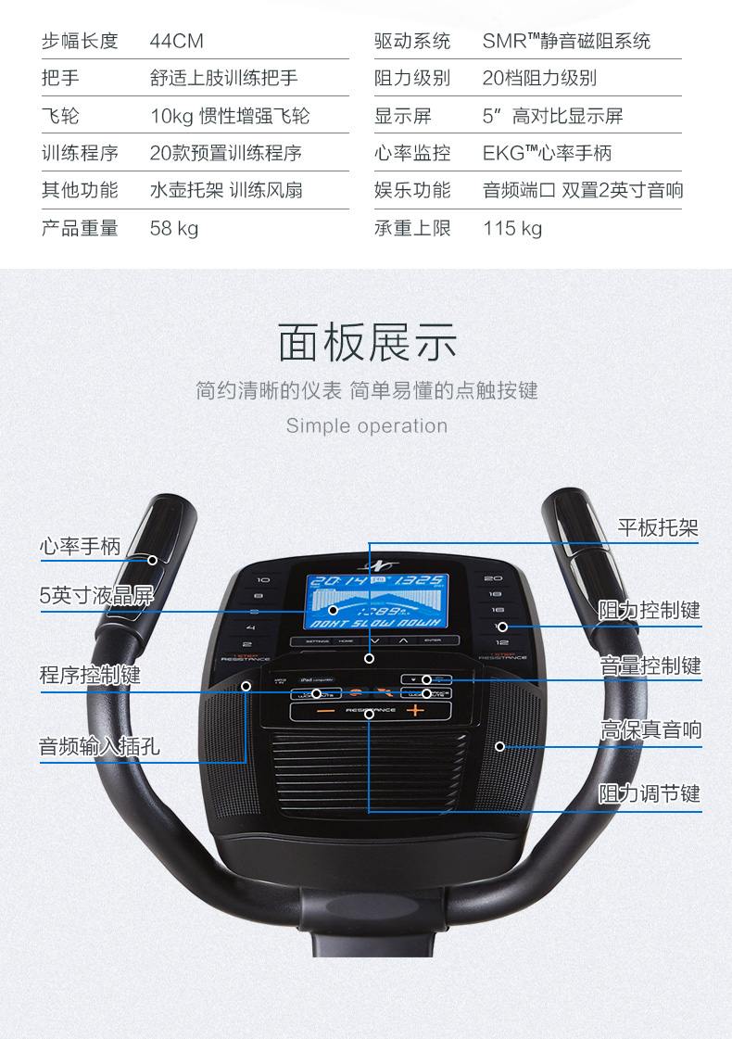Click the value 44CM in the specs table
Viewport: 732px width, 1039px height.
(176, 41)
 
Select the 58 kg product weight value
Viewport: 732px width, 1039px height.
(174, 228)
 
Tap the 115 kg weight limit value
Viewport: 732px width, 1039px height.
(512, 228)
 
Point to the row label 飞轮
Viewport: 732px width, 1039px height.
(60, 116)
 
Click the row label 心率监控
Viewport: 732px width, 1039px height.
(412, 153)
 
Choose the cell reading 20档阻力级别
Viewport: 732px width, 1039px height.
(539, 78)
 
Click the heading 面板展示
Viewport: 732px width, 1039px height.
(367, 342)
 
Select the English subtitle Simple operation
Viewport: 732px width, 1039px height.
(367, 426)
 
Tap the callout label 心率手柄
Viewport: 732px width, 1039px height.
(80, 546)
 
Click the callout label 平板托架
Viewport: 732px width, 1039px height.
(658, 527)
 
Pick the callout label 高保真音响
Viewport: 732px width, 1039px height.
(650, 730)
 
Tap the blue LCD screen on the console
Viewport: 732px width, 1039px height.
(376, 602)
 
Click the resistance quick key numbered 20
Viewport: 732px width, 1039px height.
(494, 577)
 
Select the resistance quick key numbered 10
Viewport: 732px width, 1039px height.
(250, 577)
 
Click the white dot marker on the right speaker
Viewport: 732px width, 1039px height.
(500, 745)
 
